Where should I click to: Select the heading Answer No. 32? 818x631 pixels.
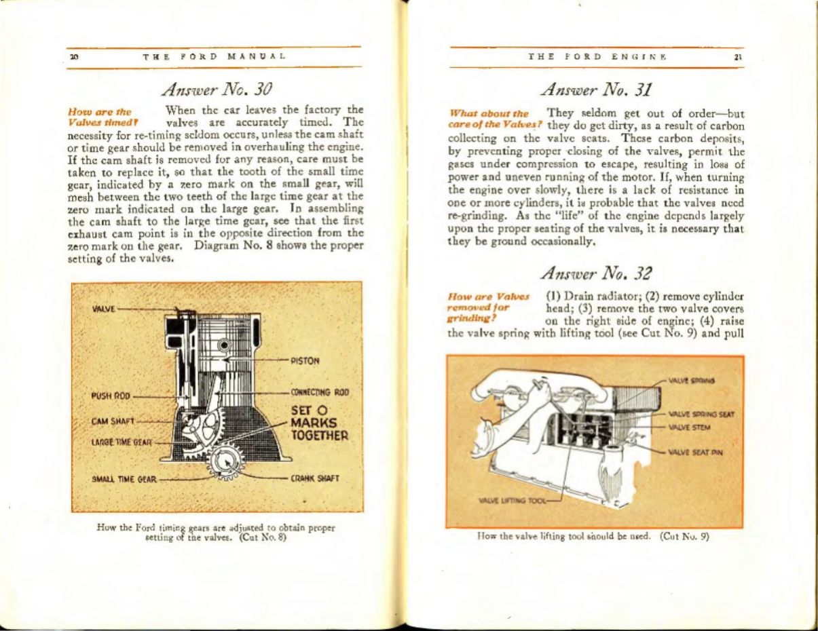597,273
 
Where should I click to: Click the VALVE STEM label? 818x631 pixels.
689,427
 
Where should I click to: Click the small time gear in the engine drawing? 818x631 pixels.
225,464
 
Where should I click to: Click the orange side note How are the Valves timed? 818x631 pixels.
96,116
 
